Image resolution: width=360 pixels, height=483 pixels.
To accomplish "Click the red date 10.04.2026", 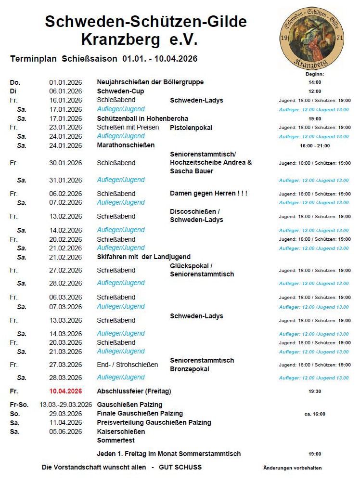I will pyautogui.click(x=65, y=391).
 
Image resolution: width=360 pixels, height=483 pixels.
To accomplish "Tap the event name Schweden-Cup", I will pyautogui.click(x=120, y=91).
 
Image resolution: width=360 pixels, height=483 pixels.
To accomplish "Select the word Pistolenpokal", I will pyautogui.click(x=191, y=128).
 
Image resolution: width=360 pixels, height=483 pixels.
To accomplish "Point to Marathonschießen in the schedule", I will pyautogui.click(x=126, y=145).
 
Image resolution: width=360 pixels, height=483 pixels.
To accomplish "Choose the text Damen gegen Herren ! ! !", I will pyautogui.click(x=208, y=193).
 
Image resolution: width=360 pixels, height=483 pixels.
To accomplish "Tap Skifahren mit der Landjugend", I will pyautogui.click(x=143, y=257).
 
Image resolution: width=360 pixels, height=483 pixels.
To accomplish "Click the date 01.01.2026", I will pyautogui.click(x=65, y=82).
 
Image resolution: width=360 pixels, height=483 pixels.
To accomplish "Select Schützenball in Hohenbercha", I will pyautogui.click(x=142, y=118).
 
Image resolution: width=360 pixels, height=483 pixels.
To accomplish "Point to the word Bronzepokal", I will pyautogui.click(x=190, y=369).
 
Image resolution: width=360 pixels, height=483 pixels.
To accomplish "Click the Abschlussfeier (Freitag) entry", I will pyautogui.click(x=134, y=391).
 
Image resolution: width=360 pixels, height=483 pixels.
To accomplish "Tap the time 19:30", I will pyautogui.click(x=315, y=392).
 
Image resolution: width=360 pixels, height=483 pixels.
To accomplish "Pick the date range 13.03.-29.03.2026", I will pyautogui.click(x=65, y=405).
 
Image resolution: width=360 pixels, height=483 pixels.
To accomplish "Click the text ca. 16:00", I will pyautogui.click(x=315, y=414).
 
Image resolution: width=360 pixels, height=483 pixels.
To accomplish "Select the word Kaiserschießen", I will pyautogui.click(x=121, y=431).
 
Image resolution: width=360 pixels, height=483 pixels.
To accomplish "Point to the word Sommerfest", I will pyautogui.click(x=116, y=440).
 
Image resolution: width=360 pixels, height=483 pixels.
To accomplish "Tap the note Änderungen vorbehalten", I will pyautogui.click(x=293, y=468).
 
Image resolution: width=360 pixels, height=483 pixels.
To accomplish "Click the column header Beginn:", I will pyautogui.click(x=315, y=74).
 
